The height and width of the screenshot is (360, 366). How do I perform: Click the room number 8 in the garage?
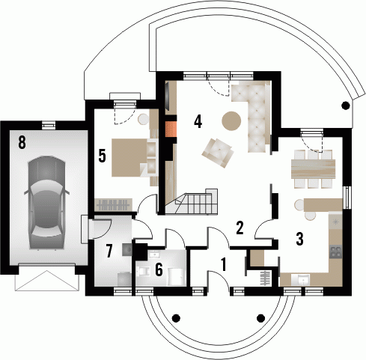pyautogui.click(x=22, y=143)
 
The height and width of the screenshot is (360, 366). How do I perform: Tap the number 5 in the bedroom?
pyautogui.click(x=102, y=156)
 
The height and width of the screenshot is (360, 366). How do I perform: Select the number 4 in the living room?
pyautogui.click(x=198, y=122)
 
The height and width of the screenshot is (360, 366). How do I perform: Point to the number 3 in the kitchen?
pyautogui.click(x=299, y=239)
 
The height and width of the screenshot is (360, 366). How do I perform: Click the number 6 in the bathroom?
pyautogui.click(x=159, y=269)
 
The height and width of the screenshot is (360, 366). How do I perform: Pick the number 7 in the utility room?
pyautogui.click(x=109, y=251)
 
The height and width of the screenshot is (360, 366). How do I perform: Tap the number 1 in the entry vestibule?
pyautogui.click(x=224, y=265)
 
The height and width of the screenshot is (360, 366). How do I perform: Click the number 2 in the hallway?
pyautogui.click(x=240, y=228)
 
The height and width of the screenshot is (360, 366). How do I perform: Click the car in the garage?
pyautogui.click(x=46, y=203)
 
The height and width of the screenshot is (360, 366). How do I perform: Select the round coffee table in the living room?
pyautogui.click(x=231, y=120)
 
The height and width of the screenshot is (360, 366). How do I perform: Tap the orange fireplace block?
pyautogui.click(x=171, y=129)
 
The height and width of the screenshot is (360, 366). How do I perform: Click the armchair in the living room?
pyautogui.click(x=218, y=153)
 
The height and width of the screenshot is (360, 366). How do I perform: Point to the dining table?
pyautogui.click(x=313, y=169)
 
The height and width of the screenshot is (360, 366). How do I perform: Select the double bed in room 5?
pyautogui.click(x=129, y=158)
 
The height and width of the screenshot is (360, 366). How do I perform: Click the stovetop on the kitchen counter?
pyautogui.click(x=335, y=251)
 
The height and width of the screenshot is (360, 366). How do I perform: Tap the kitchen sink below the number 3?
pyautogui.click(x=304, y=280)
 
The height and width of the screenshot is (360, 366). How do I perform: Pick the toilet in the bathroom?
pyautogui.click(x=143, y=271)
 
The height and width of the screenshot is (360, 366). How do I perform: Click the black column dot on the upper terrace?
pyautogui.click(x=346, y=106)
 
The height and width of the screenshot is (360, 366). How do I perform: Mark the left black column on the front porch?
pyautogui.click(x=176, y=317)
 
